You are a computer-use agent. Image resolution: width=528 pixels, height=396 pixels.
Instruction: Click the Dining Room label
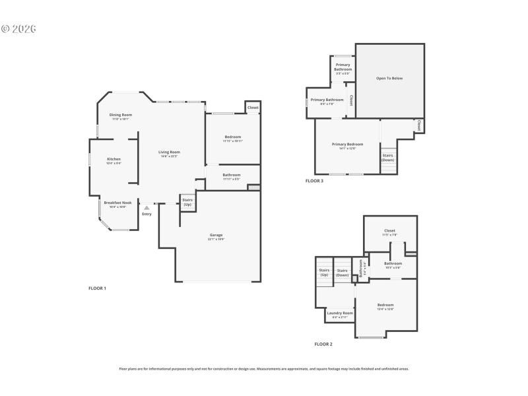pyautogui.click(x=121, y=115)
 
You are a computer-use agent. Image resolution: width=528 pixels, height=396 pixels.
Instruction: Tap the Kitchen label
pyautogui.click(x=114, y=159)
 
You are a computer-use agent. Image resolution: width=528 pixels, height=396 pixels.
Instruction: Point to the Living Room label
pyautogui.click(x=169, y=152)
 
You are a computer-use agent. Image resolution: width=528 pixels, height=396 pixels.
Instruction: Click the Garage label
pyautogui.click(x=216, y=235)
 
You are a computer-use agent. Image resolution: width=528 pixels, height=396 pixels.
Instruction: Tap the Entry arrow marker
pyautogui.click(x=147, y=207)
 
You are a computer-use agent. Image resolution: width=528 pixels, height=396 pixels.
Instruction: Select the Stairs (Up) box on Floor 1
pyautogui.click(x=187, y=202)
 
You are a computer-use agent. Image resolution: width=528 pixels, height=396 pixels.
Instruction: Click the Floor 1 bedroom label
pyautogui.click(x=232, y=137)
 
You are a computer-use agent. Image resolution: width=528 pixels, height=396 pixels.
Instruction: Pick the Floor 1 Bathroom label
pyautogui.click(x=231, y=174)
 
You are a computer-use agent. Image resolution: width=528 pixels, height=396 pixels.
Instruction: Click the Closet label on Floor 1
pyautogui.click(x=253, y=107)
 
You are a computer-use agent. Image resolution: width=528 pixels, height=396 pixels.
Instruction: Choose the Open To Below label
pyautogui.click(x=389, y=79)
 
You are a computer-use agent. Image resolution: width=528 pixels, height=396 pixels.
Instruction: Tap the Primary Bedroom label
pyautogui.click(x=347, y=144)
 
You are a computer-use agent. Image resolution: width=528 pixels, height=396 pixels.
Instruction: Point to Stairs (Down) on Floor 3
pyautogui.click(x=388, y=158)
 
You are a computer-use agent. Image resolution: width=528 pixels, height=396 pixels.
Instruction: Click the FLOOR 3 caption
pyautogui.click(x=314, y=180)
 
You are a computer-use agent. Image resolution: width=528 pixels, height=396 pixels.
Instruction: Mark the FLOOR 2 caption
pyautogui.click(x=323, y=344)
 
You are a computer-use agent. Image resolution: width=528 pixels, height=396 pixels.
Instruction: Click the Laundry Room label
pyautogui.click(x=340, y=313)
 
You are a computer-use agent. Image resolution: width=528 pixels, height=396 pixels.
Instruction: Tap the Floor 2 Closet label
pyautogui.click(x=389, y=231)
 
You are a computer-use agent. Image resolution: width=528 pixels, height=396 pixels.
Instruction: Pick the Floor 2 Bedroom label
pyautogui.click(x=385, y=305)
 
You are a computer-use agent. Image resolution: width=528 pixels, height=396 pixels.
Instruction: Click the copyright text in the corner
pyautogui.click(x=18, y=29)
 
